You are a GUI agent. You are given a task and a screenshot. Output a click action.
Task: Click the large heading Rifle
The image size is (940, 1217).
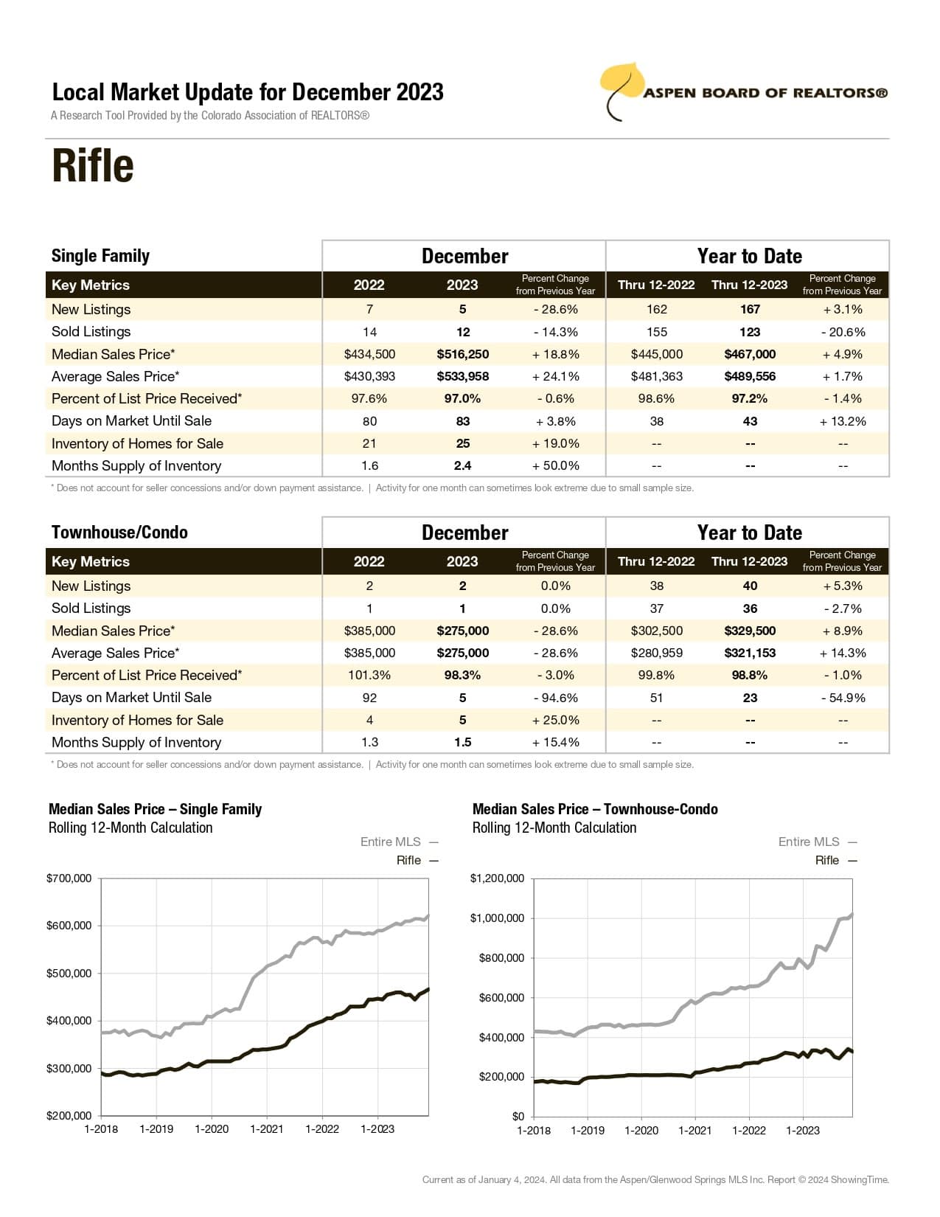tap(93, 166)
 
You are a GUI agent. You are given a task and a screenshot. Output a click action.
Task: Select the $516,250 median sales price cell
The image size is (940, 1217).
tap(462, 354)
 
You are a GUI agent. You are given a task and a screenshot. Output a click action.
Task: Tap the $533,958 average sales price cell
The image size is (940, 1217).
tap(462, 376)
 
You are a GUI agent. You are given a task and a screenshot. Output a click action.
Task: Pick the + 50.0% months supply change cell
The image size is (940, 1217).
tap(555, 465)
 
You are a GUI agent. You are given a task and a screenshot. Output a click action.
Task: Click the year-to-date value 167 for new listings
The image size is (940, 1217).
tap(750, 310)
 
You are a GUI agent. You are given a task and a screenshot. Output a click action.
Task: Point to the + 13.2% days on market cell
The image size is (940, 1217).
tap(842, 421)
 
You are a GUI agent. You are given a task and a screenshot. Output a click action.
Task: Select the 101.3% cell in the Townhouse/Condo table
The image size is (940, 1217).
tap(369, 675)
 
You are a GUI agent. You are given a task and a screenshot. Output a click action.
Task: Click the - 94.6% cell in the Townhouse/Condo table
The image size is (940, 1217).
tap(555, 698)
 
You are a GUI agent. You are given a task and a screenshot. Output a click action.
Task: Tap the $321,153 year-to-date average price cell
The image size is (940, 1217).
tap(750, 653)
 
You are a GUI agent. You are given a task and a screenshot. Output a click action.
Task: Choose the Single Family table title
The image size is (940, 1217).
tap(100, 256)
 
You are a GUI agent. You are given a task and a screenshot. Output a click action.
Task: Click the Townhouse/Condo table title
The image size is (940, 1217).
tap(119, 533)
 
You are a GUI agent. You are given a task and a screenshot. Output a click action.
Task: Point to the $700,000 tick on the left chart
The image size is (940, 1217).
tap(69, 878)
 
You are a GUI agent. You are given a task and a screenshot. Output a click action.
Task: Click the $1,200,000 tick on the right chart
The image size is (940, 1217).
tap(497, 878)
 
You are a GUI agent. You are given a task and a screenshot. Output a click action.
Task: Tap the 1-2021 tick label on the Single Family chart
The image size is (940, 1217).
tap(266, 1129)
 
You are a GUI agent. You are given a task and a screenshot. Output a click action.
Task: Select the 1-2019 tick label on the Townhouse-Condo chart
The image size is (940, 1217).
tap(588, 1130)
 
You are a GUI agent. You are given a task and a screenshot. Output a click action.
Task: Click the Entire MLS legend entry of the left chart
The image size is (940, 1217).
tap(391, 842)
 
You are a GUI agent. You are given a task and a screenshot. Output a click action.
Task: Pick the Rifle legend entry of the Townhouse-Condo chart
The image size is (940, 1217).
tap(827, 860)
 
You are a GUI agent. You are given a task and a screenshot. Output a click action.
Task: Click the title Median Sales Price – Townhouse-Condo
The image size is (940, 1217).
tap(594, 809)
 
